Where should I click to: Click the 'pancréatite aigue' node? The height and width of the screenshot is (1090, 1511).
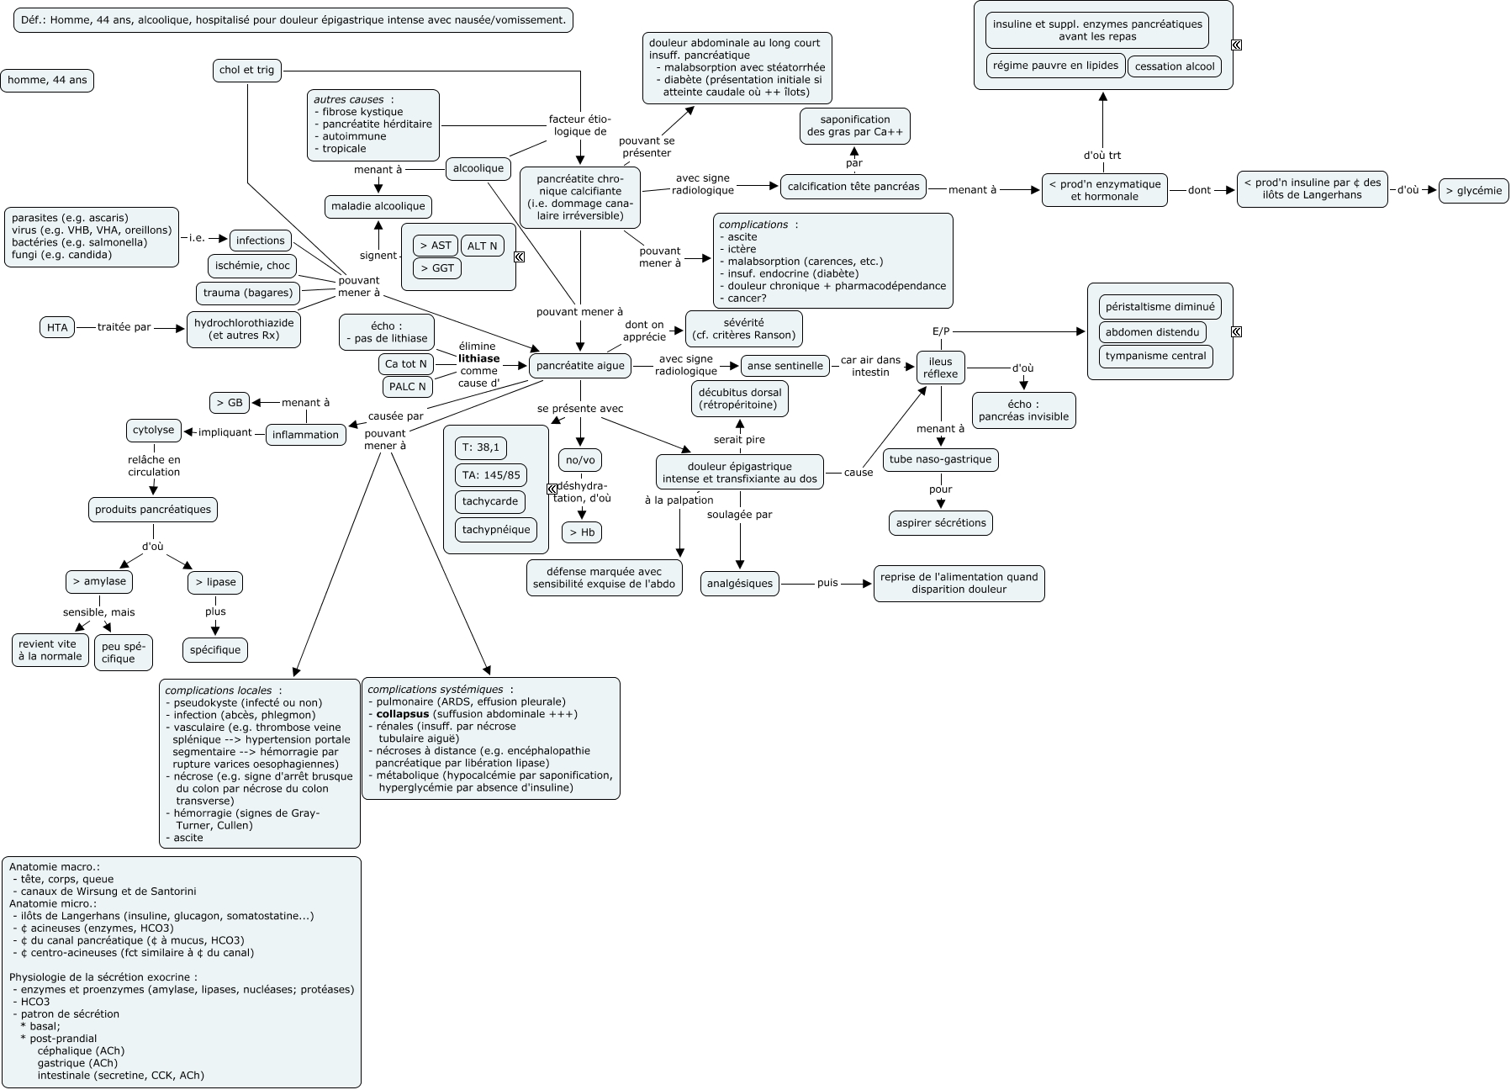[580, 366]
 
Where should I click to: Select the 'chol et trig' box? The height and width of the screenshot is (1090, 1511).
[246, 70]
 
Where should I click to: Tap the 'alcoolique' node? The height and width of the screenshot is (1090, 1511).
[478, 168]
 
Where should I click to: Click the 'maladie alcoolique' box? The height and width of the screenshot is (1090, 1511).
[378, 206]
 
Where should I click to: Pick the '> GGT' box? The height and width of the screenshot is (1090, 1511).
[437, 268]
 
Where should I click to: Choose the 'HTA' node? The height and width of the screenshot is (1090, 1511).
[57, 327]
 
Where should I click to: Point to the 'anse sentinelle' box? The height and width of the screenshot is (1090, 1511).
[785, 366]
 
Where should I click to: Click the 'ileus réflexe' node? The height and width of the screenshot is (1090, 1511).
[940, 368]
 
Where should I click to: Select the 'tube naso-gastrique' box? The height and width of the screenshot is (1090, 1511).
[940, 459]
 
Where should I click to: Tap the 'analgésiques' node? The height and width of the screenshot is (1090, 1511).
[740, 583]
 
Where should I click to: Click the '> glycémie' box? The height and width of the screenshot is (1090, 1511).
[1474, 191]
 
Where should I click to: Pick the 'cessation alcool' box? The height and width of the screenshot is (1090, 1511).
[1175, 66]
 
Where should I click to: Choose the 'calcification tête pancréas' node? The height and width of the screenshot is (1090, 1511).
[853, 187]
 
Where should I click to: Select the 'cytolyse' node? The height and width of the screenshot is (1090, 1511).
[153, 430]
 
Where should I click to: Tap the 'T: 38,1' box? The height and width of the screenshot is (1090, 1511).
[481, 447]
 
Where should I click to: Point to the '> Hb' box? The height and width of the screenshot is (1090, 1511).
[582, 532]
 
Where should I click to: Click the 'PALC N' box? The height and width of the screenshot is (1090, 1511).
[408, 387]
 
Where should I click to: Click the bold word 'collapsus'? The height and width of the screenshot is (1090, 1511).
[402, 714]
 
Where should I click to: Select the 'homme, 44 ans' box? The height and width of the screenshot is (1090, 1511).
[47, 81]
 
